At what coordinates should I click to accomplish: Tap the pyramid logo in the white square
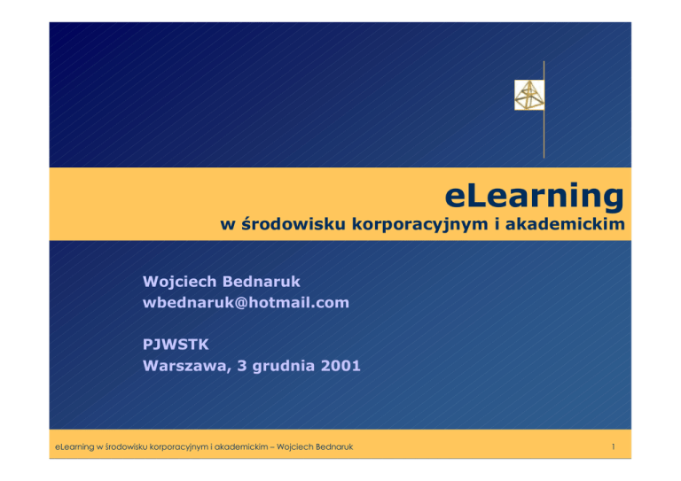coord(529,95)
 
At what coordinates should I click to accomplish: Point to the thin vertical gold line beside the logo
coord(544,109)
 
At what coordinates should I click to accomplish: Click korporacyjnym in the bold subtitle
coord(420,225)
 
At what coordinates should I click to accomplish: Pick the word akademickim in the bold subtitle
coord(565,224)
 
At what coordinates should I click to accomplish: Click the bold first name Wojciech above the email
coord(180,282)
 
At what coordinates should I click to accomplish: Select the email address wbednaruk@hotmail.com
coord(246,302)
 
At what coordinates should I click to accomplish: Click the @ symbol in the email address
coord(241,303)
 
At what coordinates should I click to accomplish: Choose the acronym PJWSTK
coord(176,345)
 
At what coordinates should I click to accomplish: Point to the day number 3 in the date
coord(242,366)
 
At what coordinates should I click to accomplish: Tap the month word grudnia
coord(283,367)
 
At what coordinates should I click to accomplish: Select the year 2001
coord(340,366)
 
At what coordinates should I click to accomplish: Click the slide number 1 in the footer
coord(614,446)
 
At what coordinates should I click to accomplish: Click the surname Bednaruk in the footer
coord(334,446)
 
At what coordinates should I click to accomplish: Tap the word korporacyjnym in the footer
coord(178,447)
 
